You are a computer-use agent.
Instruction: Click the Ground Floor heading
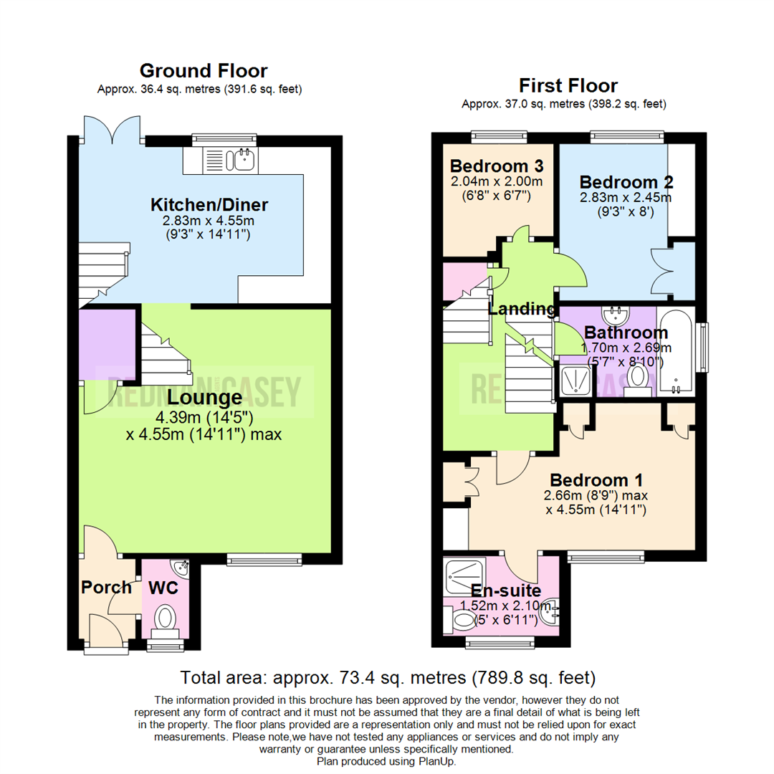pos(203,71)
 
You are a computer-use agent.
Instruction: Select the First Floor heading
pos(568,86)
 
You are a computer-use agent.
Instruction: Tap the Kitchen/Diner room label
pos(203,205)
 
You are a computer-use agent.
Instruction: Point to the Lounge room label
pos(204,398)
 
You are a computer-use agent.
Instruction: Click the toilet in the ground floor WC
pos(166,618)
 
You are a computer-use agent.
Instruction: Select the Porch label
pos(106,588)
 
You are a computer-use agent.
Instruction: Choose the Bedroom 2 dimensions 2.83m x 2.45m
pos(625,197)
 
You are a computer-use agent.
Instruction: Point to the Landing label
pos(522,310)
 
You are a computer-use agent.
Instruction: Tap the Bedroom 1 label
pos(596,479)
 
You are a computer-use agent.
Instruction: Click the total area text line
pos(387,677)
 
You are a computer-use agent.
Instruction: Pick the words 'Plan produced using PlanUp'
pos(386,761)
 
